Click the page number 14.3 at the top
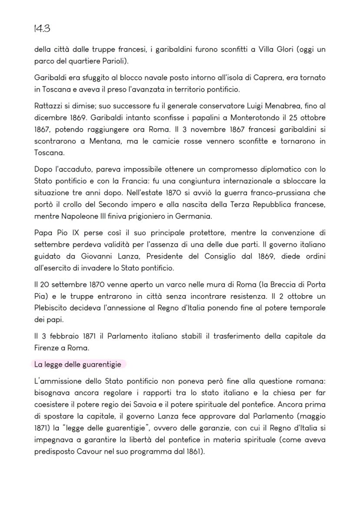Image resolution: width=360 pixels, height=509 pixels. point(42,29)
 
